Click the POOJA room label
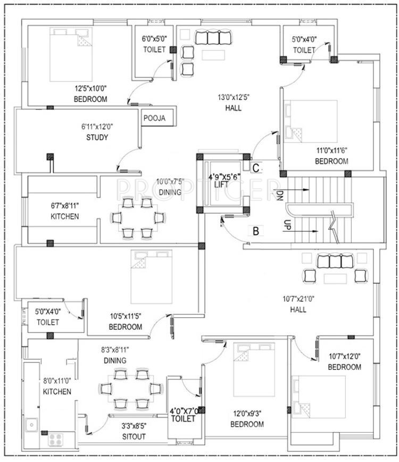[154, 118]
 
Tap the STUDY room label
[97, 137]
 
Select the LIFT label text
[221, 185]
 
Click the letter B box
[256, 231]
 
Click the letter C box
[256, 168]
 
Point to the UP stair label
[287, 225]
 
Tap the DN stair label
[279, 195]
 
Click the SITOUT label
[134, 436]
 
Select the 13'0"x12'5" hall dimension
[234, 97]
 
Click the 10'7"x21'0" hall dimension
[298, 299]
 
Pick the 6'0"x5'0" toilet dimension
[154, 39]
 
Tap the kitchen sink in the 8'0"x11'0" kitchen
[31, 425]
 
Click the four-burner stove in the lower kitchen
[56, 440]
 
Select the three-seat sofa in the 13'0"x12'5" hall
[213, 37]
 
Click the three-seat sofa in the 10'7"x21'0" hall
[335, 261]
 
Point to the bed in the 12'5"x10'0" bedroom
[71, 54]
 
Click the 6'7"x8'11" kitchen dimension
[65, 205]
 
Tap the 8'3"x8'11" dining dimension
[115, 350]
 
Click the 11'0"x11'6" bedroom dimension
[331, 151]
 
